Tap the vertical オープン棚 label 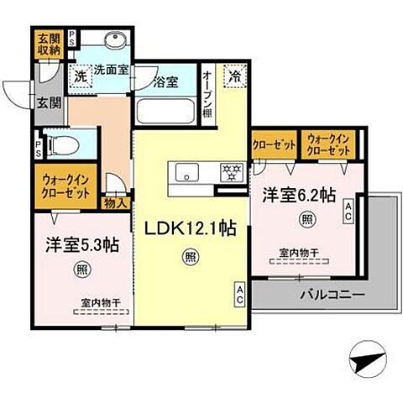(x=207, y=95)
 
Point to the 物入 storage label (x=116, y=201)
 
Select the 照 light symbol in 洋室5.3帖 (x=81, y=269)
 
